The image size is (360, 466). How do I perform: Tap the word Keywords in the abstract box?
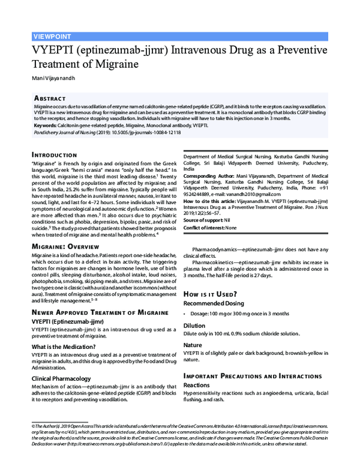pyautogui.click(x=49, y=125)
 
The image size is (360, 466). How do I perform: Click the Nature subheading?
pyautogui.click(x=193, y=345)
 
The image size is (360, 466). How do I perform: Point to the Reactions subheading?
pyautogui.click(x=196, y=385)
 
